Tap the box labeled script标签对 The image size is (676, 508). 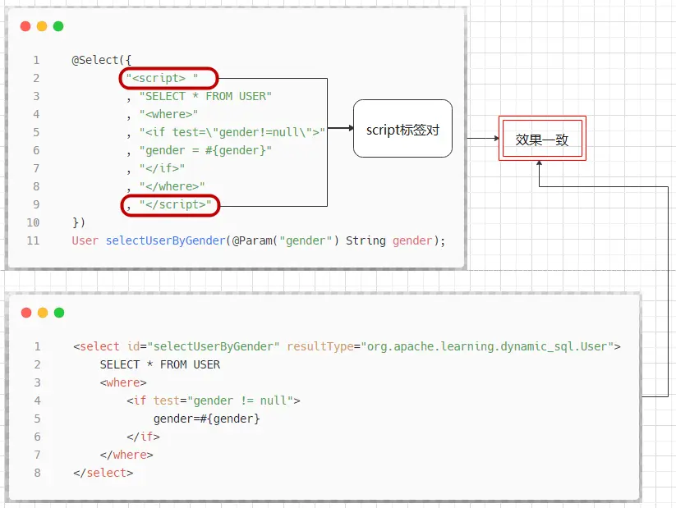402,129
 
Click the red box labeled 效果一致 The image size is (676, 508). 541,140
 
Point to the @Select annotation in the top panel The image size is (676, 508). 99,60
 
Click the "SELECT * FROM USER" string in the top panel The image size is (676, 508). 205,96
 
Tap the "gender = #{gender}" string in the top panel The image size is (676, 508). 205,150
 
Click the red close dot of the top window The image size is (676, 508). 25,26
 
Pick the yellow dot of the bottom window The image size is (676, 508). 42,313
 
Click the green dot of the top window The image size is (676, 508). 58,26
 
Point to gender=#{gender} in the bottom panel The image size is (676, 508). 206,419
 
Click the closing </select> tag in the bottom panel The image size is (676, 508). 103,473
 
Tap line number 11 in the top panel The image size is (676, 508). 33,240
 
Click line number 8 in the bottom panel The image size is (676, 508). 37,473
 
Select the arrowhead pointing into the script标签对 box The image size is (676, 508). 349,128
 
